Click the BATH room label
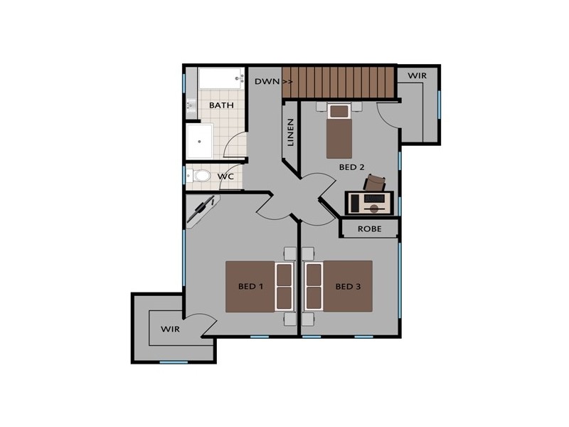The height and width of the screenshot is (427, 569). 221,105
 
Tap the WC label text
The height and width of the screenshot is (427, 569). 226,176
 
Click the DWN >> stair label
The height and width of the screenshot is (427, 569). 274,82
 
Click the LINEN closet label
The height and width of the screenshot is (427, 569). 290,132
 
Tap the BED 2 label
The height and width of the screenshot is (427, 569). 351,167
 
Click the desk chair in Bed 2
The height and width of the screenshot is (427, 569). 375,183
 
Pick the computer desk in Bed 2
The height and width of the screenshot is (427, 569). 368,203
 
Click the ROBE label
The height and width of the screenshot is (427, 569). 369,228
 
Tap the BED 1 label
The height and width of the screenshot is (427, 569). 250,287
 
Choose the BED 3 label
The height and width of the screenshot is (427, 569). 349,287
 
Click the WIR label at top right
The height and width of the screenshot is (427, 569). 418,75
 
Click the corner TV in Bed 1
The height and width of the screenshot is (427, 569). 203,211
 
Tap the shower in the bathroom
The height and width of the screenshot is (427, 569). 200,142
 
